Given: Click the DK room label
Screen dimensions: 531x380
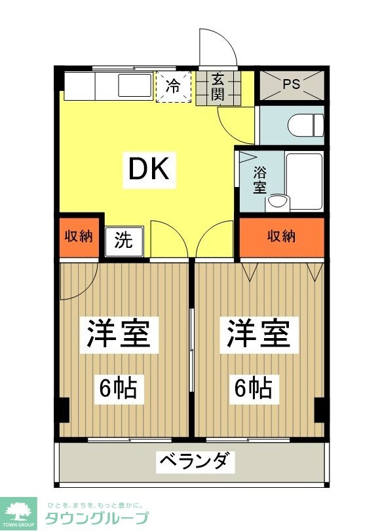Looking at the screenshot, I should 148,170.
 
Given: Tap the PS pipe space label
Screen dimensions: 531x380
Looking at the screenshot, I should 292,84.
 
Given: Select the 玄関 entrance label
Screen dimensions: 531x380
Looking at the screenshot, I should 218,87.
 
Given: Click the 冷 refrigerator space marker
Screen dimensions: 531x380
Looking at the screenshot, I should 173,86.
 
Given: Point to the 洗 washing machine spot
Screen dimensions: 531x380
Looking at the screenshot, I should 123,240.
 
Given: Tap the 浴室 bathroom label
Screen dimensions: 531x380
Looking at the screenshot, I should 260,180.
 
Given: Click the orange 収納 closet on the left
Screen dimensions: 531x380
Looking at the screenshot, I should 79,235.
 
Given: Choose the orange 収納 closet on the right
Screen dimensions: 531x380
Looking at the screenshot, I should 282,235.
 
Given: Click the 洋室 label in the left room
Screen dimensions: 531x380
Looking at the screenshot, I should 119,334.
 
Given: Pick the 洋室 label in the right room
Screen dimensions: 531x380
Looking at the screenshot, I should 258,334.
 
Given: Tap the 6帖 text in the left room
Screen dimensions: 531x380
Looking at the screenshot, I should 118,388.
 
